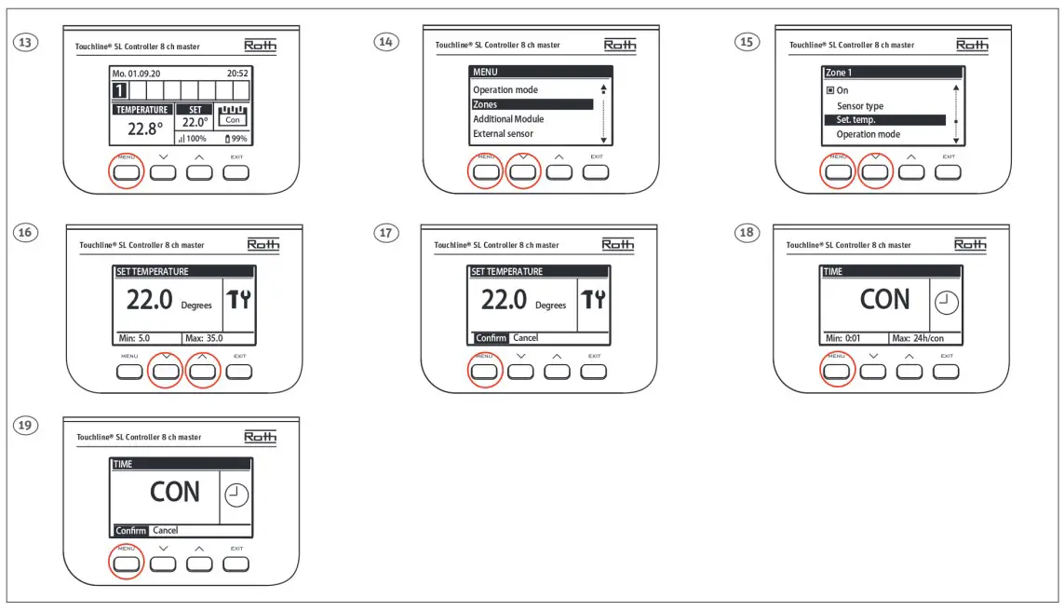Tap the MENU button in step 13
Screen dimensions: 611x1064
click(x=127, y=172)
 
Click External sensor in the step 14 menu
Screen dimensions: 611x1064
click(x=503, y=134)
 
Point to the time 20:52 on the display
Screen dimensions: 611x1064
click(x=237, y=73)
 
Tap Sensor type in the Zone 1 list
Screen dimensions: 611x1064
click(x=859, y=106)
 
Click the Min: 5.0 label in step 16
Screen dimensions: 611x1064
click(x=132, y=338)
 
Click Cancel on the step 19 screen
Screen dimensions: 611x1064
click(x=165, y=530)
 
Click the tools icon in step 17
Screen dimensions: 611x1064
click(x=592, y=299)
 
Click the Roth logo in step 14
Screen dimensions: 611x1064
click(x=620, y=46)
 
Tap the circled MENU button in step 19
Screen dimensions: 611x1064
click(x=127, y=563)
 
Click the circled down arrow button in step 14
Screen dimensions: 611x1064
click(x=523, y=172)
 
